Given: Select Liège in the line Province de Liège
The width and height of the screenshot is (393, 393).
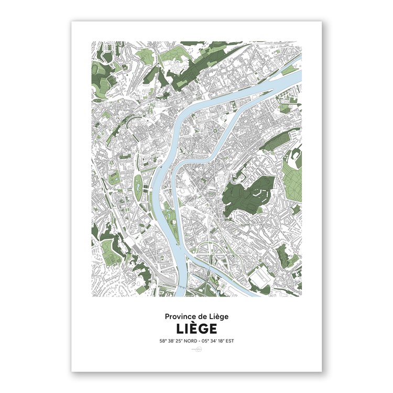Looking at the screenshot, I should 219,316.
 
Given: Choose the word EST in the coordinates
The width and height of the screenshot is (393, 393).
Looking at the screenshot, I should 228,341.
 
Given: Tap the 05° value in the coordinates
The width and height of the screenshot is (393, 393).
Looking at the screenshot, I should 208,341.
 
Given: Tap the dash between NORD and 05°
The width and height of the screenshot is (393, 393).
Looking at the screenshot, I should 203,341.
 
